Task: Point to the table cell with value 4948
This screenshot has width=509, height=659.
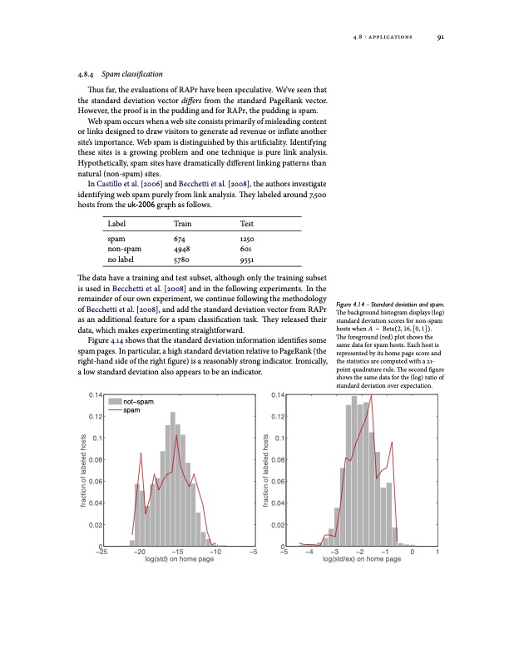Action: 182,249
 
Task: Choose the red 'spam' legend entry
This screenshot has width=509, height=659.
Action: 132,410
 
